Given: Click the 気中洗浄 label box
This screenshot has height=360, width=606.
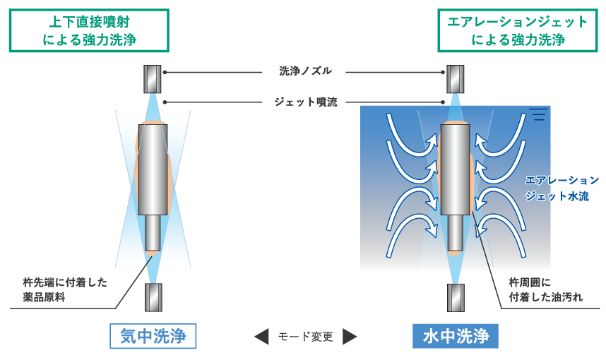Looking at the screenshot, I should (x=153, y=336).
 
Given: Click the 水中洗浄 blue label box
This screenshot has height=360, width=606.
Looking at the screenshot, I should (x=456, y=336).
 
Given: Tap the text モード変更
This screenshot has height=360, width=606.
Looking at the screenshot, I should (x=305, y=337).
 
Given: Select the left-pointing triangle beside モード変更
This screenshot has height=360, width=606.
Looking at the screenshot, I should (x=262, y=337).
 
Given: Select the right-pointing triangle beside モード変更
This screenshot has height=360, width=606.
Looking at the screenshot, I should (x=350, y=337).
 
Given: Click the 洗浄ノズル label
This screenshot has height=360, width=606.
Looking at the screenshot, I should (x=305, y=71).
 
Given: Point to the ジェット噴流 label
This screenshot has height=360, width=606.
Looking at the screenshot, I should (x=305, y=102).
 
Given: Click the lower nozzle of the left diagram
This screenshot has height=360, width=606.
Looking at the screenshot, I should (x=153, y=297).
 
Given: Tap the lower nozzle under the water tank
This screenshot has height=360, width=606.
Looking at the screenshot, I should (x=456, y=297).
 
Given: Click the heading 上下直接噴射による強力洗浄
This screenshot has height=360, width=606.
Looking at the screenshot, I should (x=89, y=30).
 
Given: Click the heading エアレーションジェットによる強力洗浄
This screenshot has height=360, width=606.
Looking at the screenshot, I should (x=518, y=30).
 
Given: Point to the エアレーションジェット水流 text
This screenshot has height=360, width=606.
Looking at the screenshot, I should (x=562, y=188).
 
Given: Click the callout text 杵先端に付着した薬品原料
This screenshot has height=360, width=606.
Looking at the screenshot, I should (x=64, y=289).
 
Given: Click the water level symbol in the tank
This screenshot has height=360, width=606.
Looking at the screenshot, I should (x=538, y=114).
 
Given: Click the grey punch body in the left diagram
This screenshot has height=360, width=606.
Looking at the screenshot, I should (x=153, y=169).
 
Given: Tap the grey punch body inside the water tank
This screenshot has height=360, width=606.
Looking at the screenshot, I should (x=456, y=169).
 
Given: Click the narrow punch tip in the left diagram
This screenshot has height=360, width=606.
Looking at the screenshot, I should (x=153, y=233).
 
